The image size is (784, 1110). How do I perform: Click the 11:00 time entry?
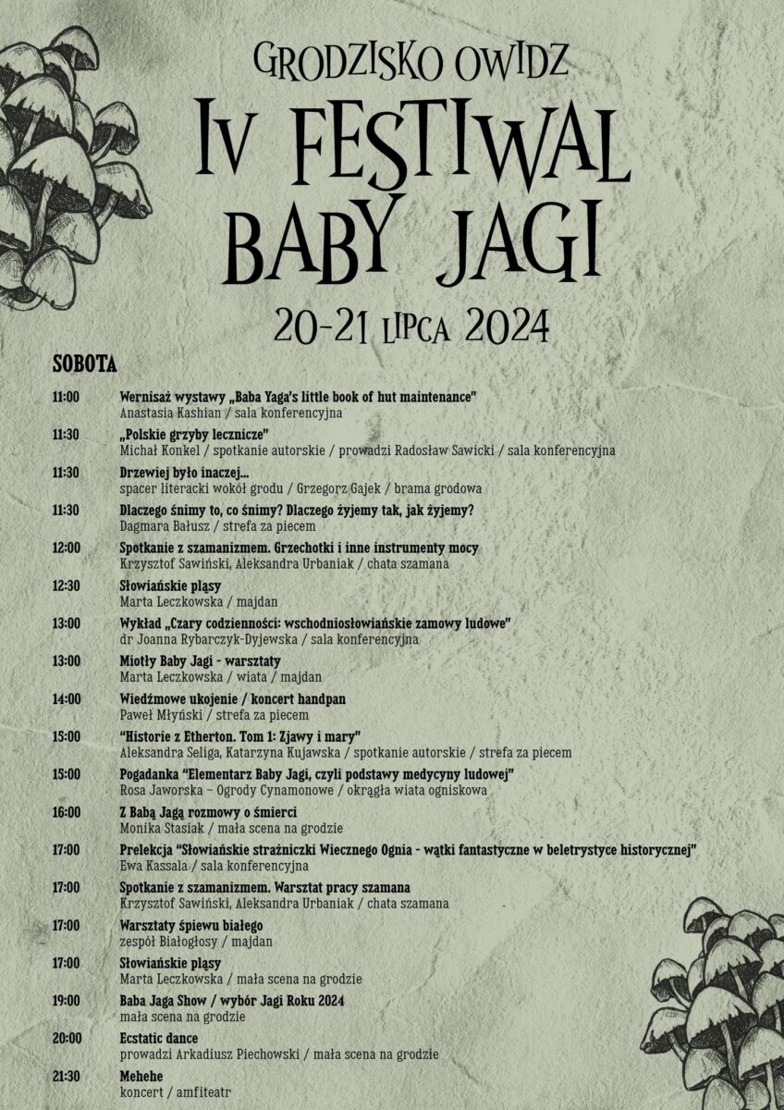coord(67,397)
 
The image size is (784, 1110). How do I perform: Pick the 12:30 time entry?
coord(67,586)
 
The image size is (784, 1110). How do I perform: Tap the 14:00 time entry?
coord(67,699)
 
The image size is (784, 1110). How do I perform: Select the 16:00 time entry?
coord(67,812)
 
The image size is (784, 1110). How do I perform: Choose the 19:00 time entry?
coord(67,1001)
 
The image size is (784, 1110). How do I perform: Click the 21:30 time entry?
coord(67,1077)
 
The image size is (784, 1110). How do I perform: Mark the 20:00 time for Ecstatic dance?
coord(67,1039)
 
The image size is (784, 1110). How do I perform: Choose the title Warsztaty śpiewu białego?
coord(191,925)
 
